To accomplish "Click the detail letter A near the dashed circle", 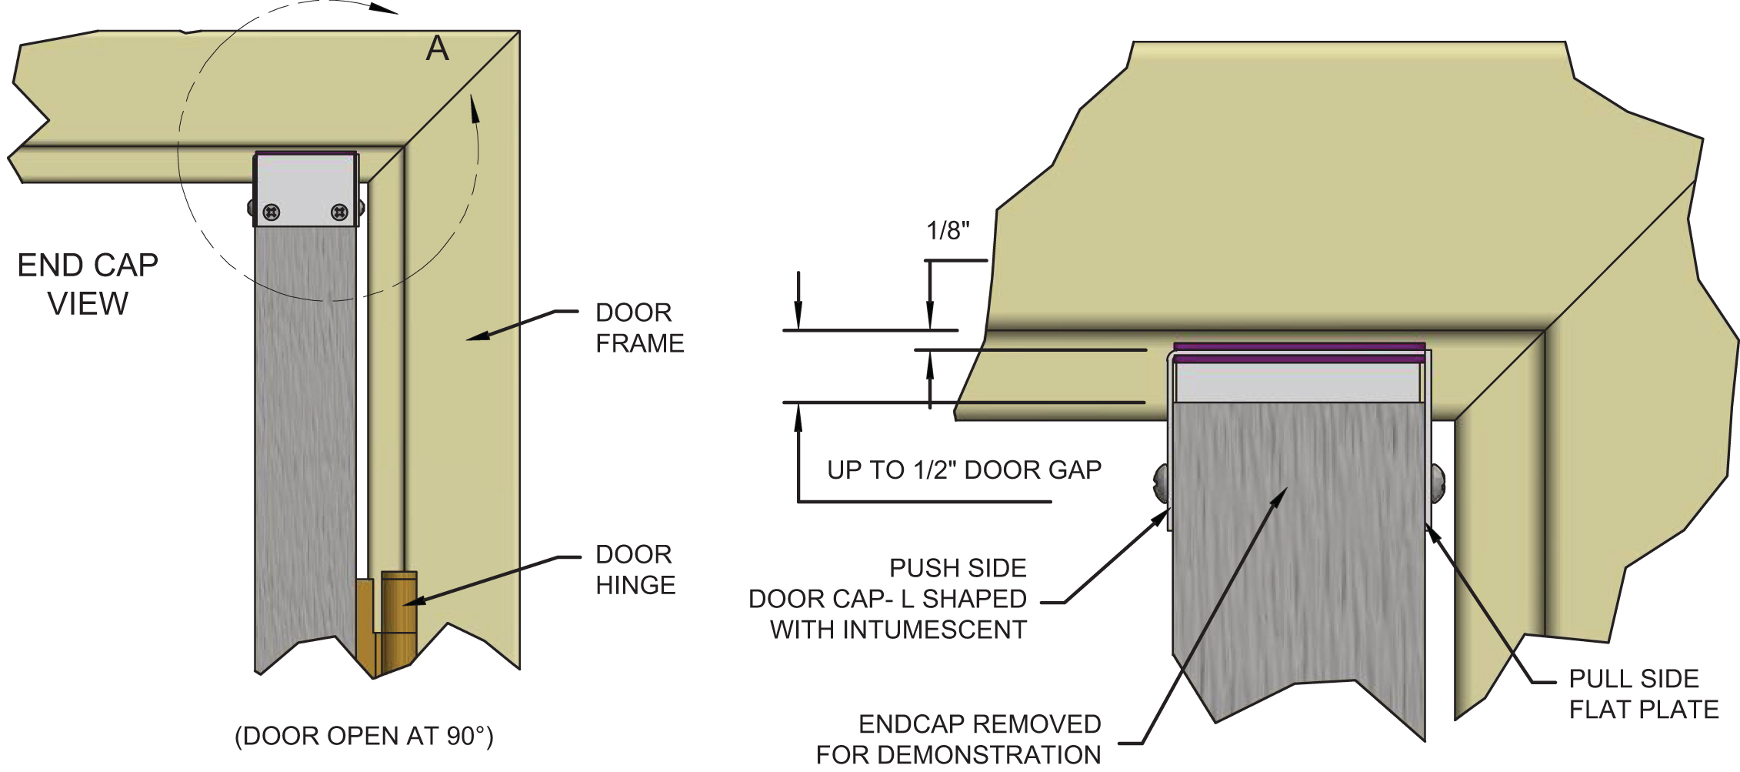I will (x=437, y=49).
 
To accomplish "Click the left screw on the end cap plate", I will (x=271, y=212).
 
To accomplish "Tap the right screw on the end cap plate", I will (x=339, y=212).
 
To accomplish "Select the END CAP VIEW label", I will (x=88, y=284).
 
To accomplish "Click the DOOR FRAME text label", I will (x=638, y=328).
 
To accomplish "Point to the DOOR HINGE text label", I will (x=635, y=570).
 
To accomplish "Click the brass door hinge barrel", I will (x=399, y=616).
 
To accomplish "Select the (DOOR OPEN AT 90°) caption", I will (x=364, y=736).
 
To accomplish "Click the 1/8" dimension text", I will (x=947, y=230).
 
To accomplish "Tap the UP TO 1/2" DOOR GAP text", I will (x=964, y=470).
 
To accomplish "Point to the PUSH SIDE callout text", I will (x=957, y=568).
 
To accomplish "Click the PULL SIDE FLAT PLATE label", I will (x=1643, y=693).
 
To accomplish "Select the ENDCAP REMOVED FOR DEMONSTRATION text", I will (x=958, y=739).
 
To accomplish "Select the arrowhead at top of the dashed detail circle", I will (x=385, y=9).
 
